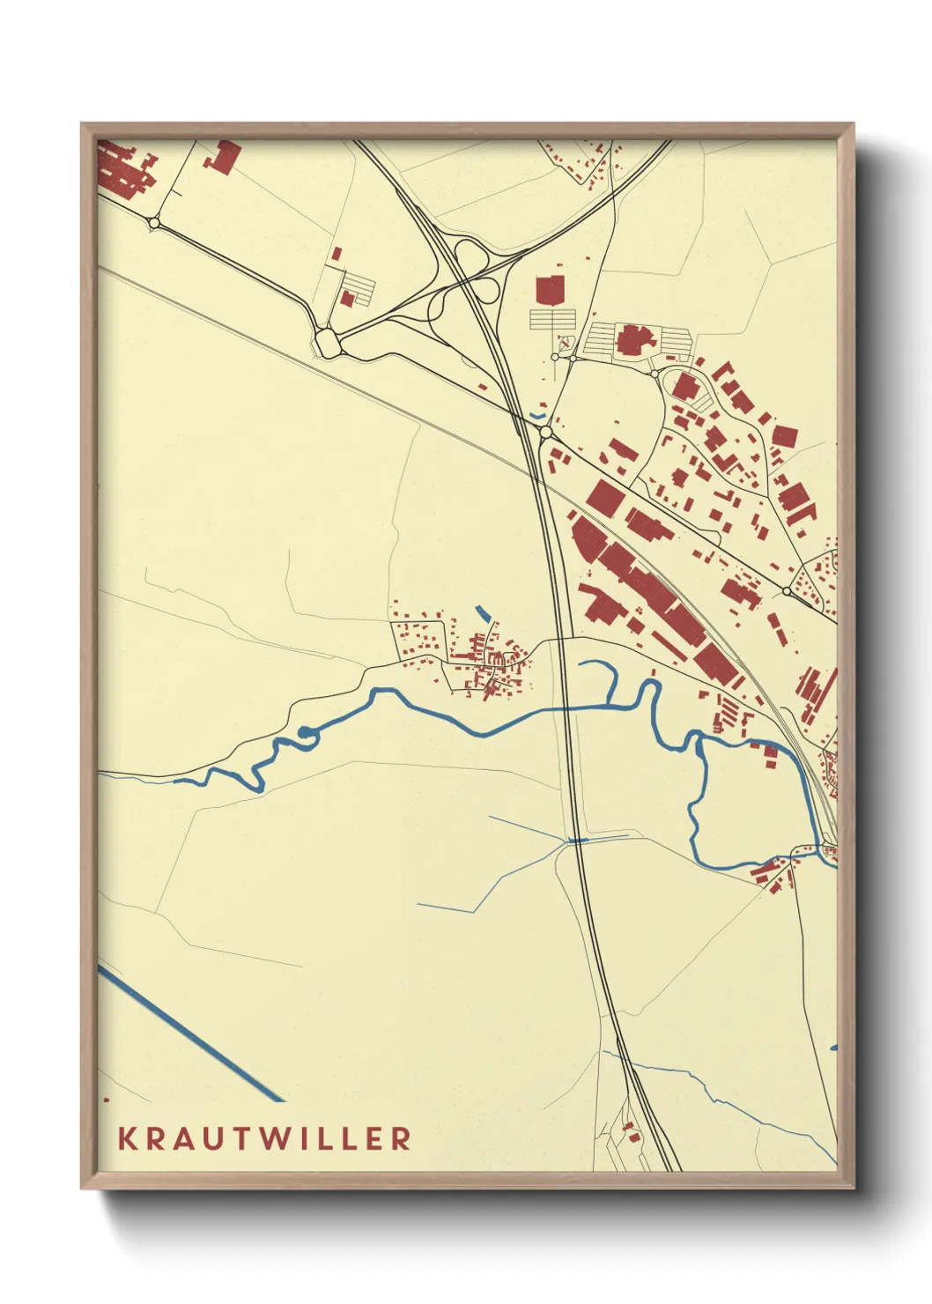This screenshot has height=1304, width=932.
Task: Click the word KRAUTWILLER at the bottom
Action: click(x=264, y=1137)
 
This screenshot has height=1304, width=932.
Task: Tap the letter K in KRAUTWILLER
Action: click(x=127, y=1137)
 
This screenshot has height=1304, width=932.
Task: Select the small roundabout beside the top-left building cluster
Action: click(x=155, y=224)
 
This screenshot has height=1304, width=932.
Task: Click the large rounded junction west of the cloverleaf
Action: click(x=329, y=342)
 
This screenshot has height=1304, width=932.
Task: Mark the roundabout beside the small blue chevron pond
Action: click(x=546, y=433)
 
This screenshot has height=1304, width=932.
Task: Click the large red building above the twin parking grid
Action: click(x=550, y=290)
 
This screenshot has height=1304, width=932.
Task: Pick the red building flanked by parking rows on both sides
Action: click(x=631, y=340)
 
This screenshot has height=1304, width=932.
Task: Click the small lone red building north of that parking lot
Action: click(x=336, y=253)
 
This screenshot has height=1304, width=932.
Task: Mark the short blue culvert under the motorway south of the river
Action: click(x=577, y=841)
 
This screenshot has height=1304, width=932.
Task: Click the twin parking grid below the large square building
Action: click(x=551, y=319)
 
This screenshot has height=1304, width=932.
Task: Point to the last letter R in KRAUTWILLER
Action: click(x=402, y=1137)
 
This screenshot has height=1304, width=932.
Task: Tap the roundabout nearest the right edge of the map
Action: click(x=786, y=590)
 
